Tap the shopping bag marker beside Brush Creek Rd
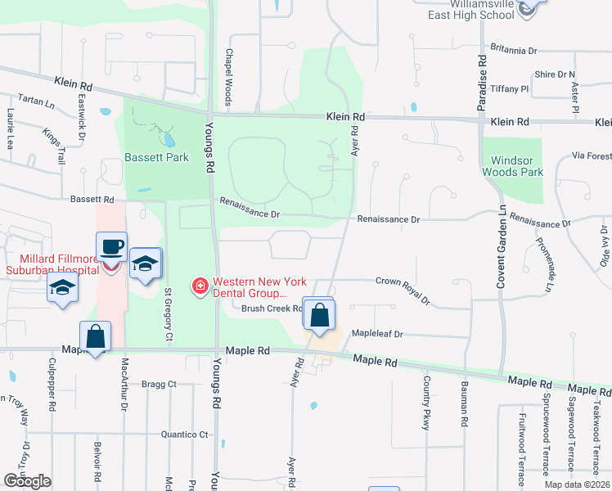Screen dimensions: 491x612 319,313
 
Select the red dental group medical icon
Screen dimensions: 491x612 199,286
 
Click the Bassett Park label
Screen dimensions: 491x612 156,157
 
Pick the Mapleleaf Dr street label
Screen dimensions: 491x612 378,334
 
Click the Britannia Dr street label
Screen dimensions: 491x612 512,50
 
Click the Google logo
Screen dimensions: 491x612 28,482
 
